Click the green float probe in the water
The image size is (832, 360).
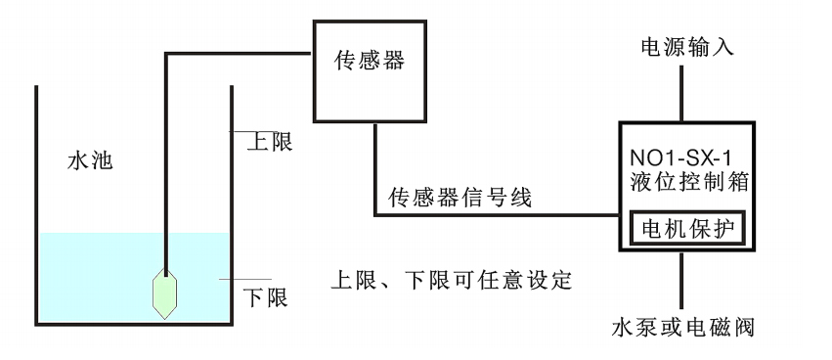tap(165, 292)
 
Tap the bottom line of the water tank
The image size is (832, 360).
tap(134, 324)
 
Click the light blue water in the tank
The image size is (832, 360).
tap(98, 279)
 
